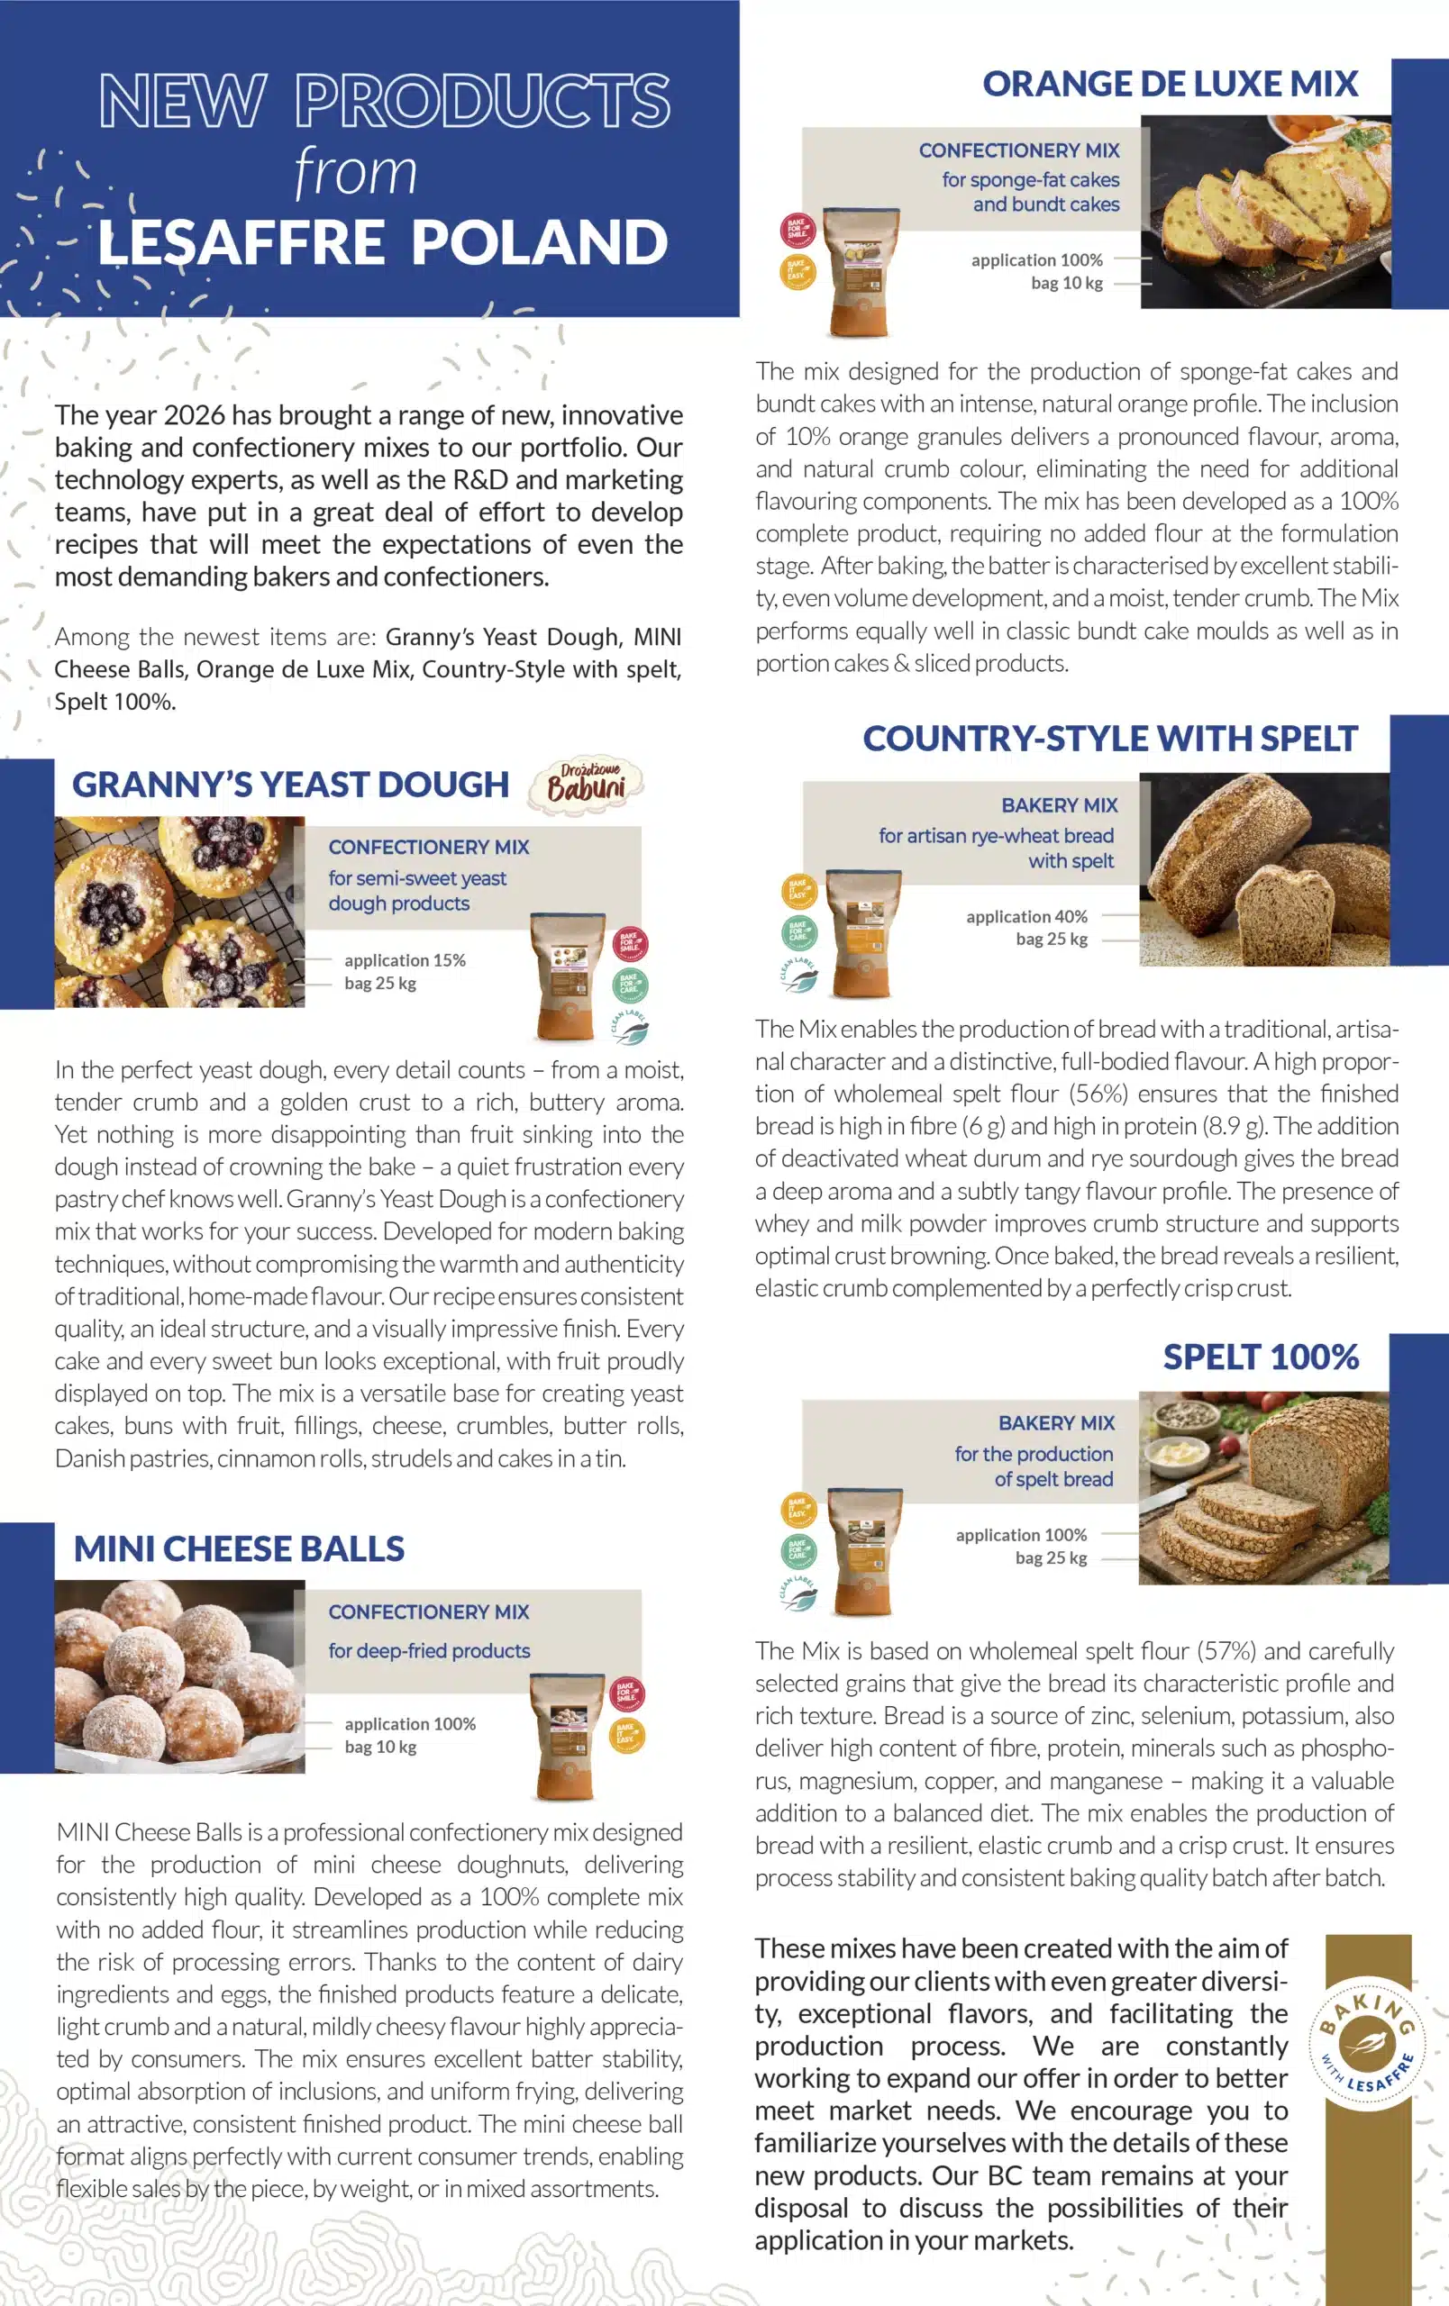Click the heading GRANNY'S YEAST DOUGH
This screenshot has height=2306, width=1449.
click(290, 785)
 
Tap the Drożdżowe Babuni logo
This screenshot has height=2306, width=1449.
click(586, 783)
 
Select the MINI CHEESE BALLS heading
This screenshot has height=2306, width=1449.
click(239, 1548)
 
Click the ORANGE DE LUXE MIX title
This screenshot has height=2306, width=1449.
click(1170, 85)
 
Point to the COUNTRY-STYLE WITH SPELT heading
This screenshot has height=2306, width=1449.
click(1109, 739)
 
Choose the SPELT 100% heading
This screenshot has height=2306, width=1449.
click(1261, 1356)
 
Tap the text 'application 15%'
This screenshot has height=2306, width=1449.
click(404, 959)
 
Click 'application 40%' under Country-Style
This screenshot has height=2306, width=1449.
click(1025, 916)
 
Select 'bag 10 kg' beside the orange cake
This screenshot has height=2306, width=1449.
click(1066, 283)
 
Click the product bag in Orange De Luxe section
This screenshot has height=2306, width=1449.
click(863, 272)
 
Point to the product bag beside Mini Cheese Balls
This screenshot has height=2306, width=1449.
click(567, 1735)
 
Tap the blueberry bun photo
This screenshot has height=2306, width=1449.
click(179, 911)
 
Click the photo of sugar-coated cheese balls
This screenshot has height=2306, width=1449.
click(179, 1675)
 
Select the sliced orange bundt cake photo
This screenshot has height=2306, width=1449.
click(1264, 213)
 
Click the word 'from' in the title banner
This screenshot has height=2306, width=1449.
click(355, 171)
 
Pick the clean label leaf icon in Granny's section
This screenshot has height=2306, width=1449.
click(629, 1027)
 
